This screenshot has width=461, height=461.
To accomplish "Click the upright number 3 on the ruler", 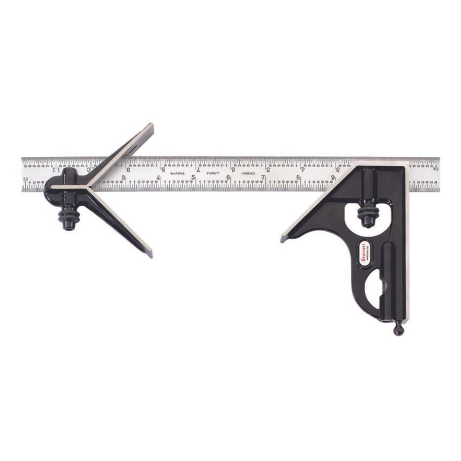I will (124, 177).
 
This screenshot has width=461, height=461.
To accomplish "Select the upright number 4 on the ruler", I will (159, 177).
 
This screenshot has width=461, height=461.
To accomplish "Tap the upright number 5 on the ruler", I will (194, 177).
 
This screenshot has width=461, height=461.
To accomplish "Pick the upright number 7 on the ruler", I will (264, 177).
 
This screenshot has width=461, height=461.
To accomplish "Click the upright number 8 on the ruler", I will (298, 177).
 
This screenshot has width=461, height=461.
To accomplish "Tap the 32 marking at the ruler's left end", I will (26, 179).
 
